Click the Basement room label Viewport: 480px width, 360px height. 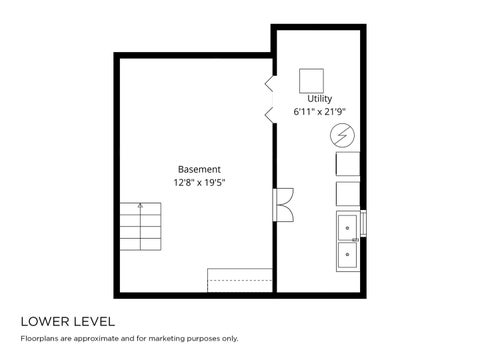point(199,169)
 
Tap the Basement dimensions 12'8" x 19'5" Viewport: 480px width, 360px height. point(199,183)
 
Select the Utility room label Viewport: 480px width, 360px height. point(320,99)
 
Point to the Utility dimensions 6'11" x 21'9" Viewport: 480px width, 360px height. point(319,112)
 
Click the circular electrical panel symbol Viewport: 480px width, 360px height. point(342,136)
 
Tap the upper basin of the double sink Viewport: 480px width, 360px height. point(347,228)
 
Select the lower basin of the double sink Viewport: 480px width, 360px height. point(347,255)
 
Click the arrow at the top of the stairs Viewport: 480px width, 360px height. point(140,206)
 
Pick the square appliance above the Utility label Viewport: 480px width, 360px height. point(311,81)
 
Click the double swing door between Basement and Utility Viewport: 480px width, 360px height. point(283,205)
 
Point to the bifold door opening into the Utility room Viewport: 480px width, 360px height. point(270,99)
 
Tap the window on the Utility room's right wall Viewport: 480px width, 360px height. point(363,223)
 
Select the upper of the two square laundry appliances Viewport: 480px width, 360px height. point(348,164)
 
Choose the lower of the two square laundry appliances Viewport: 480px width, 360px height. point(348,194)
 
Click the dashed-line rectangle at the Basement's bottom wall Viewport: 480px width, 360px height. point(240,280)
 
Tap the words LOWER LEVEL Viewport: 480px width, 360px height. point(68,322)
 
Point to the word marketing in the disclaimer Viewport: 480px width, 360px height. point(167,339)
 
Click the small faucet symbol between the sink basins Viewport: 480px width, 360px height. point(355,240)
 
